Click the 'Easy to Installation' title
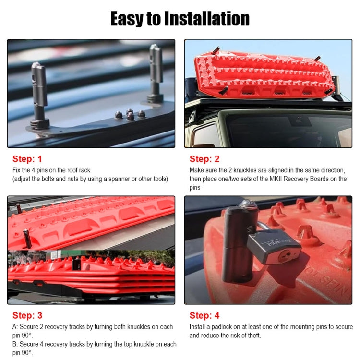pyautogui.click(x=180, y=19)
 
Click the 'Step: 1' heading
pyautogui.click(x=27, y=159)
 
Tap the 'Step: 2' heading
pyautogui.click(x=204, y=159)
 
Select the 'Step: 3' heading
pyautogui.click(x=27, y=315)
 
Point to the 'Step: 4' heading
pyautogui.click(x=204, y=315)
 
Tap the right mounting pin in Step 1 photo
pyautogui.click(x=155, y=72)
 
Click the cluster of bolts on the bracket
pyautogui.click(x=130, y=115)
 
